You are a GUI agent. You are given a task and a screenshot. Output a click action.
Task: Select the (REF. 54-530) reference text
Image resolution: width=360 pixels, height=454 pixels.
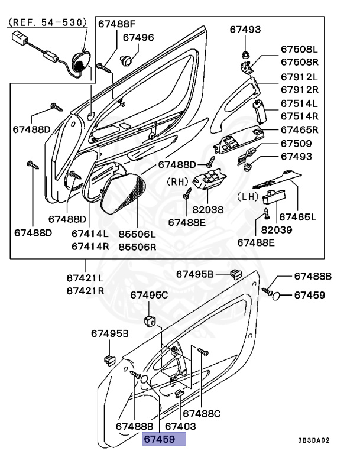point(47,22)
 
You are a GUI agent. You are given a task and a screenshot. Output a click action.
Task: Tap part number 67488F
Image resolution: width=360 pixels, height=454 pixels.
point(116,24)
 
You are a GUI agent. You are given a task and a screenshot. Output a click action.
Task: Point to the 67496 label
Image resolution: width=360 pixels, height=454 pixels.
point(138,37)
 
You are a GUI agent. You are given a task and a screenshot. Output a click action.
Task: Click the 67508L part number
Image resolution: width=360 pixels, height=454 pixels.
point(299,50)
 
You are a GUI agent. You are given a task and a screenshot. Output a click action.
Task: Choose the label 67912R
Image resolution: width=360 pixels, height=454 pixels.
point(299,89)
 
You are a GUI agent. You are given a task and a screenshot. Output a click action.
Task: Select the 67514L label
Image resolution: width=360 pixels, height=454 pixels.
point(299,103)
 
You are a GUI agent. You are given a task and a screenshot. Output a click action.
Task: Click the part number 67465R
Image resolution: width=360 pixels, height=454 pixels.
point(299,129)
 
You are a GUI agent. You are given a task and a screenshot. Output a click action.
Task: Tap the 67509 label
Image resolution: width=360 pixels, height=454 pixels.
point(296,144)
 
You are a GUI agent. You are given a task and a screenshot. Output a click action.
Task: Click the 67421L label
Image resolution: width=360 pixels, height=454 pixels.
point(85,278)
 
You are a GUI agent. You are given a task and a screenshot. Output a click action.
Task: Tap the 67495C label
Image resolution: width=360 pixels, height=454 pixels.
point(149,294)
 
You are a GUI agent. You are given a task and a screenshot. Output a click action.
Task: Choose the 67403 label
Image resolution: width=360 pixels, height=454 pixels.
point(180,426)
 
